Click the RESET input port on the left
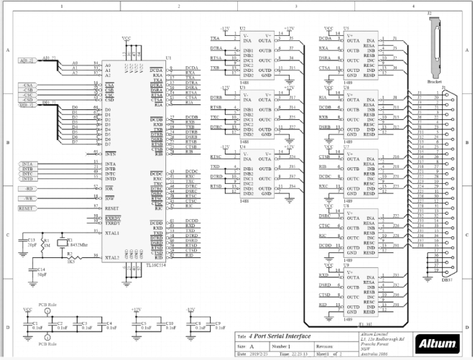click(27, 208)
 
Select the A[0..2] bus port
click(27, 60)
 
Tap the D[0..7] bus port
click(27, 104)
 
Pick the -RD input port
click(27, 188)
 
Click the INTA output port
click(27, 164)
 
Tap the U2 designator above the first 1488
click(242, 27)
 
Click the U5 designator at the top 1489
click(348, 27)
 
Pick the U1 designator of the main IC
click(168, 57)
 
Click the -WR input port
click(27, 198)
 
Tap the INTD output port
click(27, 179)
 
